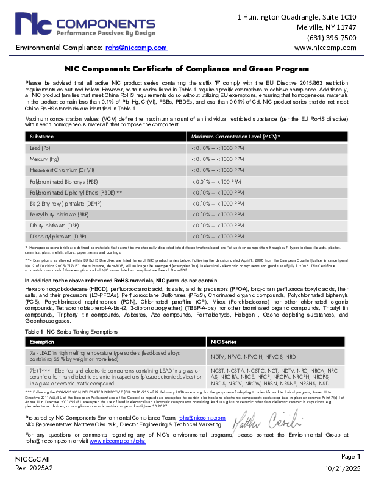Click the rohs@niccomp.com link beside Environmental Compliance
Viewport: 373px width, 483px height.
[x=136, y=48]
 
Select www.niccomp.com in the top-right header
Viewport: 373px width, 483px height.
[x=325, y=48]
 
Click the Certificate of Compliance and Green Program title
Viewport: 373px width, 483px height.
[x=187, y=70]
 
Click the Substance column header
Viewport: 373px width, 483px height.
[x=42, y=137]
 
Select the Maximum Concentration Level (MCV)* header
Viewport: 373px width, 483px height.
[x=235, y=137]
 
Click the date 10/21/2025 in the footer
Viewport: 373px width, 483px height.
[x=343, y=468]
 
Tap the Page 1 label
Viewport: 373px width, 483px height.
[x=351, y=456]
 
